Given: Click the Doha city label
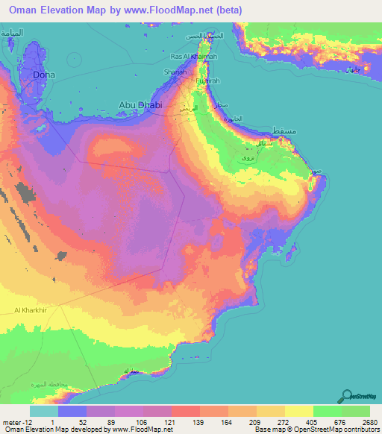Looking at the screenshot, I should (43, 75).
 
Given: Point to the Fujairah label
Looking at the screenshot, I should (207, 81).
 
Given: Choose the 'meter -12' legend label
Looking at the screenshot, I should (15, 421).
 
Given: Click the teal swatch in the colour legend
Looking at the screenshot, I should (44, 411).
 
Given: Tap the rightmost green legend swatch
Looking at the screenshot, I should (356, 411).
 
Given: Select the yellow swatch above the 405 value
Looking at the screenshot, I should (299, 411).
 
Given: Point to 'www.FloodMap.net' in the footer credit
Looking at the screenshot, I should (141, 430).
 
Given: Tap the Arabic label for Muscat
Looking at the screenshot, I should (286, 131).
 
